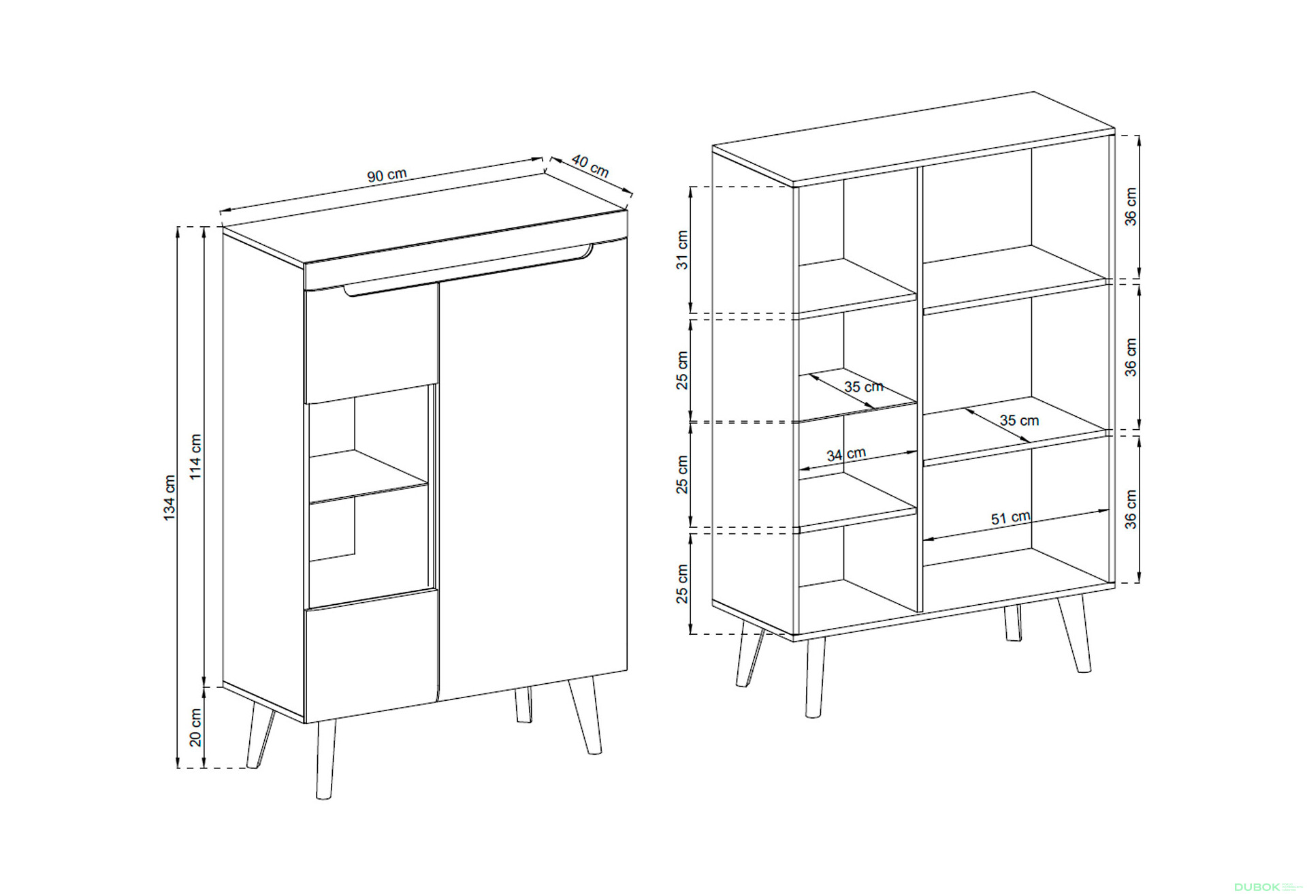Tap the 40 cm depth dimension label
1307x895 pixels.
590,166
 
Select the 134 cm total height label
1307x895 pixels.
170,498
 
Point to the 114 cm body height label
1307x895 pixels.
195,456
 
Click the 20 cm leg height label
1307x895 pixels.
195,727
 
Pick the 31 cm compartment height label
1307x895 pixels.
682,250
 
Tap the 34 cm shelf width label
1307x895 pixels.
846,454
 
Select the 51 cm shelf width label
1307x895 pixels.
1011,518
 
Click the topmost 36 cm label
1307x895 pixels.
1131,207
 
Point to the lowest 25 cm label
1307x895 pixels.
682,584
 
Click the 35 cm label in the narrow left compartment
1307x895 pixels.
864,387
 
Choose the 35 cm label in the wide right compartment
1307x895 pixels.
1019,420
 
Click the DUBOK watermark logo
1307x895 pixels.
1257,888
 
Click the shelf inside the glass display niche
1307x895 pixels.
368,477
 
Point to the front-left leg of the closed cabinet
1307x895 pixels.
326,759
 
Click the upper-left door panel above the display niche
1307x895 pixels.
371,344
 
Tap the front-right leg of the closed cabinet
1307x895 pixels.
585,715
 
